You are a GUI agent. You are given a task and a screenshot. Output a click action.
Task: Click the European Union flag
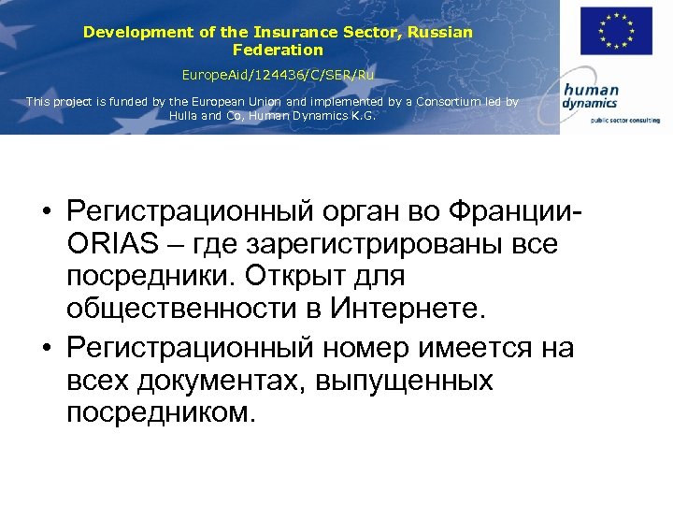coord(615,31)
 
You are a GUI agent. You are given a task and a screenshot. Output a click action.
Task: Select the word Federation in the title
coord(278,50)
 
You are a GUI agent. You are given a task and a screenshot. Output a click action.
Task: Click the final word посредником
coord(160,411)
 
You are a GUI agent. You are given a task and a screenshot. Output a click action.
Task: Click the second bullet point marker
coord(45,349)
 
